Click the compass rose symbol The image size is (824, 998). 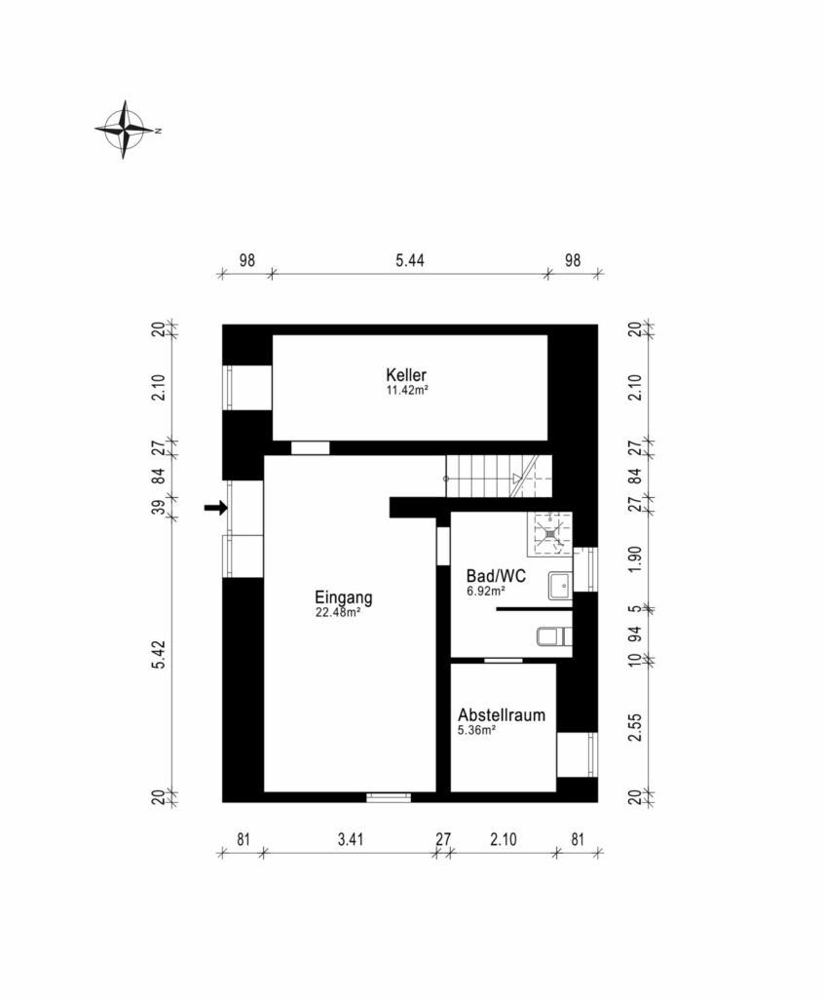pos(125,130)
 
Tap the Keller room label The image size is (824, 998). pos(406,375)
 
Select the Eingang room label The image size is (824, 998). pos(344,597)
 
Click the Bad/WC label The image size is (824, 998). pos(497,576)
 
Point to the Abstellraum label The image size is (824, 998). pos(502,714)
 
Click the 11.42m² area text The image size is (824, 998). pos(406,390)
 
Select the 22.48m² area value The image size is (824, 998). pos(338,612)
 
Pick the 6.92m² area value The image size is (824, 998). pos(486,591)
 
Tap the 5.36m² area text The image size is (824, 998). pos(476,730)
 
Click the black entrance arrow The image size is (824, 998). pos(215,507)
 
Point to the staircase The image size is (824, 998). pos(499,476)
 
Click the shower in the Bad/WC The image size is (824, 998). pos(548,533)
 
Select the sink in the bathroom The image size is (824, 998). pos(561,586)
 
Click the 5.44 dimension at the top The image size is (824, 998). pos(410,260)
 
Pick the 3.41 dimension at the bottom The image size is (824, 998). pos(351,839)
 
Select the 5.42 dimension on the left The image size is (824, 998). pos(159,654)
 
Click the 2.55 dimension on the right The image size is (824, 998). pos(635,727)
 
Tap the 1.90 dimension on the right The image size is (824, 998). pos(635,558)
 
